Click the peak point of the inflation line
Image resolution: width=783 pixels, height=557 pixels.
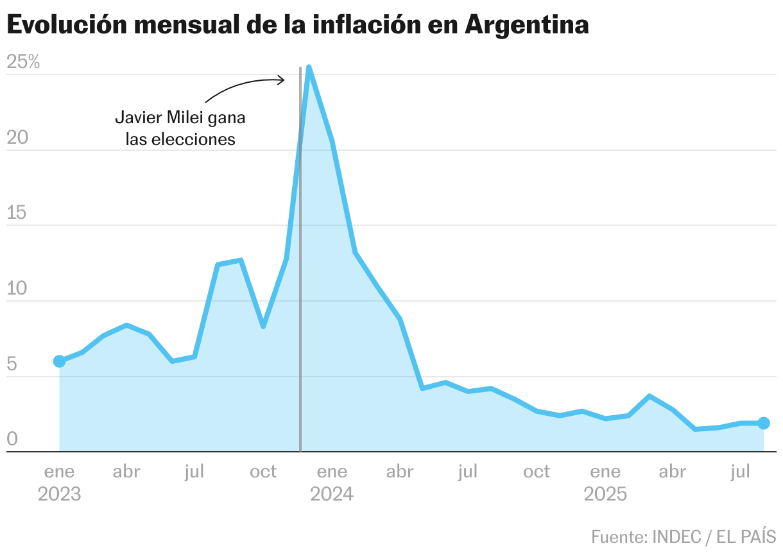coord(309,67)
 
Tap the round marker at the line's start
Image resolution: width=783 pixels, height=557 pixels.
coord(59,361)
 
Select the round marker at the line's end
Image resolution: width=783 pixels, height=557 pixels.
coord(763,423)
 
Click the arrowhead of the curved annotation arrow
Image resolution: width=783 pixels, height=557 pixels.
coord(281,80)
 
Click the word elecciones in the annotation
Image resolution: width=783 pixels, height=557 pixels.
coord(198,139)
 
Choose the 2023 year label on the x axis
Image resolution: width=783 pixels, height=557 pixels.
coord(59,495)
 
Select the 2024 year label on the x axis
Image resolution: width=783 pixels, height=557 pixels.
coord(332,495)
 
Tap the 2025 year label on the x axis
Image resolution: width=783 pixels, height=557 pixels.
coord(605,495)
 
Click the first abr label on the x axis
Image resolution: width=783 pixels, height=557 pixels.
coord(126,472)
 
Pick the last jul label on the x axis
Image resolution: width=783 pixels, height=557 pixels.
coord(741,472)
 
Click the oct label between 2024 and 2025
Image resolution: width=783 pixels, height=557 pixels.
coord(537,472)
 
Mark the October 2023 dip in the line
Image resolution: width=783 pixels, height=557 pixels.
coord(263,326)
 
